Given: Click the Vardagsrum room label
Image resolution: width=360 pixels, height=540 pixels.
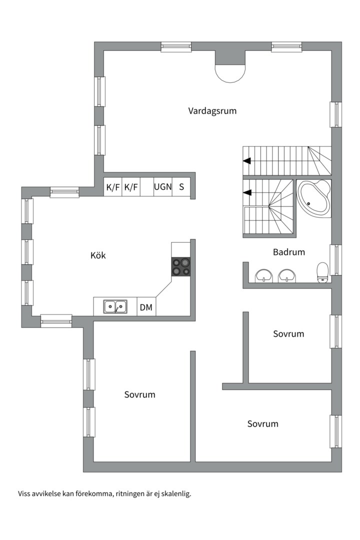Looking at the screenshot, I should (212, 111).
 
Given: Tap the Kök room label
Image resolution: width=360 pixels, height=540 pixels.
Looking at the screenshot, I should (98, 255).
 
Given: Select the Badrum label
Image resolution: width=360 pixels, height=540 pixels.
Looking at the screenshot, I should (288, 252).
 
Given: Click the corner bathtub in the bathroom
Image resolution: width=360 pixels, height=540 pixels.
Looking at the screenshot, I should (313, 199).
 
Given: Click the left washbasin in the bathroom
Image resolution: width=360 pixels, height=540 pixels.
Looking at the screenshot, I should (263, 275).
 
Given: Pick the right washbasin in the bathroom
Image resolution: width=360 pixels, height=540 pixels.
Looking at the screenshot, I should (286, 275).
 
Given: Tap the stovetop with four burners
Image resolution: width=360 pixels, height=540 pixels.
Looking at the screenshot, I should (181, 266).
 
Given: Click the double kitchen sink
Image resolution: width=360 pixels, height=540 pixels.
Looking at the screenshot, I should (115, 306).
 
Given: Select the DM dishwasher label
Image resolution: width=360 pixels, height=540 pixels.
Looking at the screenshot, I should (146, 307).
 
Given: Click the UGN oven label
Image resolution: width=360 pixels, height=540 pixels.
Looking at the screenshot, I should (162, 187).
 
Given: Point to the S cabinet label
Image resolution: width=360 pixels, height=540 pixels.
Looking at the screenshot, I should (181, 187).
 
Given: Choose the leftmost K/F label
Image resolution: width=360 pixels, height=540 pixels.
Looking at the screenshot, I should (113, 187).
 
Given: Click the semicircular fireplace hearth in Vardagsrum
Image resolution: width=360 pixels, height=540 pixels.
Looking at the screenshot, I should (230, 74).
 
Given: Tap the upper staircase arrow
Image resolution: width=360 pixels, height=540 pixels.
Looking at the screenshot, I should (246, 160).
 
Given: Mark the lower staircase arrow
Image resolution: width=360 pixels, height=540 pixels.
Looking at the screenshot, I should (246, 192).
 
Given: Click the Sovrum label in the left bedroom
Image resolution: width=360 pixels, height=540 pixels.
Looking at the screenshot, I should (139, 394).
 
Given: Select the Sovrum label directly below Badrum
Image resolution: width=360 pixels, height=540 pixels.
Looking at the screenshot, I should (288, 333).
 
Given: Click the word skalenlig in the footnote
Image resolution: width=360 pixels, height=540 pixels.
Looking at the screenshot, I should (175, 493).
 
